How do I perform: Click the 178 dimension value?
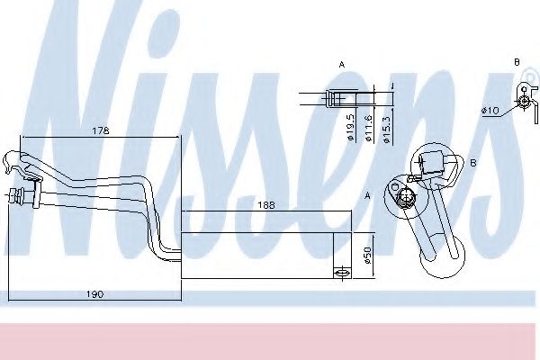[x=100, y=131]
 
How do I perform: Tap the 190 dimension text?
[x=94, y=294]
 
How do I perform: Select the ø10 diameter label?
[x=490, y=111]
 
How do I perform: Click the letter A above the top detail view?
[x=342, y=65]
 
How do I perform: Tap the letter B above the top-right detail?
[x=517, y=60]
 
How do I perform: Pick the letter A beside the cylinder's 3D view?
[x=367, y=194]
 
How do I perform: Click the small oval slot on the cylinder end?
[x=341, y=272]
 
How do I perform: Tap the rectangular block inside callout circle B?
[x=435, y=161]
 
